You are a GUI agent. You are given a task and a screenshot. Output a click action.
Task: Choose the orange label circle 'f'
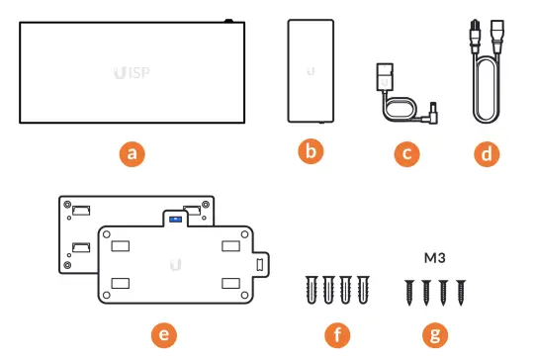tap(337, 334)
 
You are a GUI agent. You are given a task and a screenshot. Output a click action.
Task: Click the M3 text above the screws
tap(432, 258)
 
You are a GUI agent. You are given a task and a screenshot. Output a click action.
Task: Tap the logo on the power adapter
tap(311, 71)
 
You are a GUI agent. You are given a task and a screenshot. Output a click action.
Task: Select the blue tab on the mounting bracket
tap(175, 217)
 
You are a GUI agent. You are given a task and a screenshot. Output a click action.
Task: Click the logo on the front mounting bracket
tap(175, 264)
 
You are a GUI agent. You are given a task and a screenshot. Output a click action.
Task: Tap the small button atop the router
tap(226, 20)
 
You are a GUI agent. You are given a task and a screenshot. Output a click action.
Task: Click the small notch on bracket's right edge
tap(261, 265)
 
